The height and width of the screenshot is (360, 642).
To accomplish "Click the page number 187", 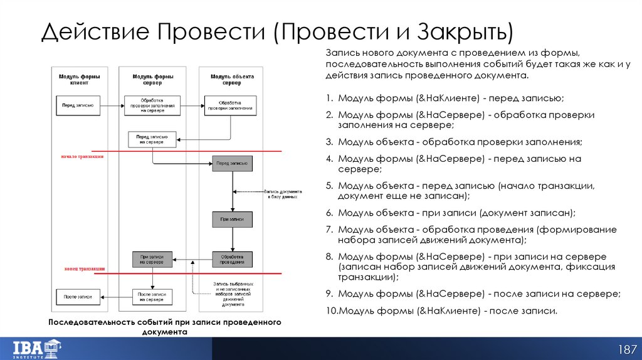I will pyautogui.click(x=628, y=349).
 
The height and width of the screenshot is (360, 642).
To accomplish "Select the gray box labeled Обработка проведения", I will pyautogui.click(x=232, y=259).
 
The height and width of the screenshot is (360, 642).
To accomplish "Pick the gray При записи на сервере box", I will pyautogui.click(x=152, y=259).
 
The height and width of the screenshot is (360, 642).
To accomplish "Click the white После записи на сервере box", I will pyautogui.click(x=151, y=296).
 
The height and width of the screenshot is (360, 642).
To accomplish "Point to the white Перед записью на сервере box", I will pyautogui.click(x=152, y=139).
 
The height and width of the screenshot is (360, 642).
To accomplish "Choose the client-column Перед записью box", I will pyautogui.click(x=78, y=105).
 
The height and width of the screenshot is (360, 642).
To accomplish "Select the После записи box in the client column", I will pyautogui.click(x=78, y=296).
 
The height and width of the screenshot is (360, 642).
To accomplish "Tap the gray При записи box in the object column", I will pyautogui.click(x=232, y=220).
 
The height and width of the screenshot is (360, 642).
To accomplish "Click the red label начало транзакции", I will pyautogui.click(x=82, y=156).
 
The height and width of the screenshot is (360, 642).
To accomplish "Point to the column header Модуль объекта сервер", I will pyautogui.click(x=231, y=80).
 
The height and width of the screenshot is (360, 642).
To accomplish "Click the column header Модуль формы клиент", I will pyautogui.click(x=79, y=80).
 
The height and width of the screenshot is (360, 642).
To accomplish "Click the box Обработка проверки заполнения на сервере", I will pyautogui.click(x=152, y=105).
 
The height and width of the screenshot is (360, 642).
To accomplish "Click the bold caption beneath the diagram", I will pyautogui.click(x=165, y=327).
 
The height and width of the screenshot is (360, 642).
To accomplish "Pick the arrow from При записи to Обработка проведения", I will pyautogui.click(x=232, y=239).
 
